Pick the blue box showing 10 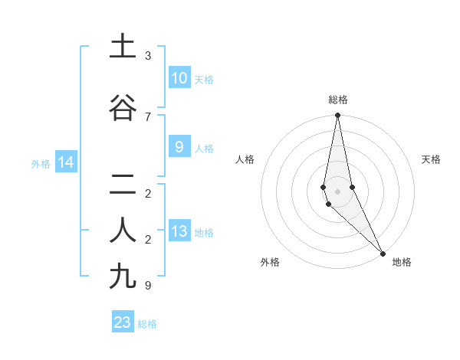click(179, 78)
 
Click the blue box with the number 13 click(179, 232)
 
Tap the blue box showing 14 click(65, 162)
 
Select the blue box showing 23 click(123, 322)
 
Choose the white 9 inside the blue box click(179, 147)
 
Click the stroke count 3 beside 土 click(147, 56)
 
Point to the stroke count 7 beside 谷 click(147, 116)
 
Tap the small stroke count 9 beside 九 click(147, 286)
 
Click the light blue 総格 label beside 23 click(147, 323)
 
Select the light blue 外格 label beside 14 click(41, 163)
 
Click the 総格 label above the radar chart click(337, 100)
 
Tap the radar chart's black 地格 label click(402, 263)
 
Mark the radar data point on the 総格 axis click(337, 116)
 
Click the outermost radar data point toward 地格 click(383, 252)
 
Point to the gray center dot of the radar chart click(337, 191)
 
